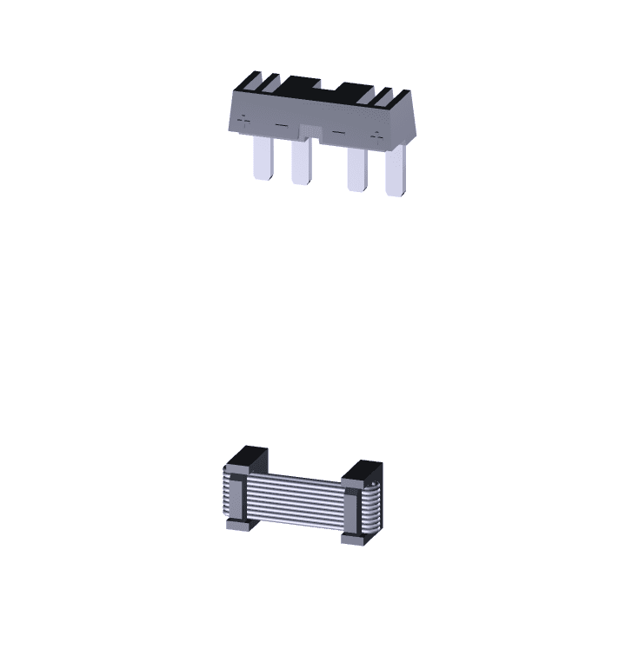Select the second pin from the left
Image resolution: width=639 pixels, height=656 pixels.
[301, 162]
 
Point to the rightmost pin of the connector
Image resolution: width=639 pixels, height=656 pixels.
[396, 171]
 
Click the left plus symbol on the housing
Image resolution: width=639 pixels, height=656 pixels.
[243, 120]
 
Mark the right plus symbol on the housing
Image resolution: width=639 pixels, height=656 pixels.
[376, 136]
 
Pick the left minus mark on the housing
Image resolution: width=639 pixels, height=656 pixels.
[280, 126]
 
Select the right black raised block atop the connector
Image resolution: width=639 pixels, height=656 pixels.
[356, 91]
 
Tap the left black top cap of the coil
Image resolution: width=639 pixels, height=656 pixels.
[248, 458]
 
